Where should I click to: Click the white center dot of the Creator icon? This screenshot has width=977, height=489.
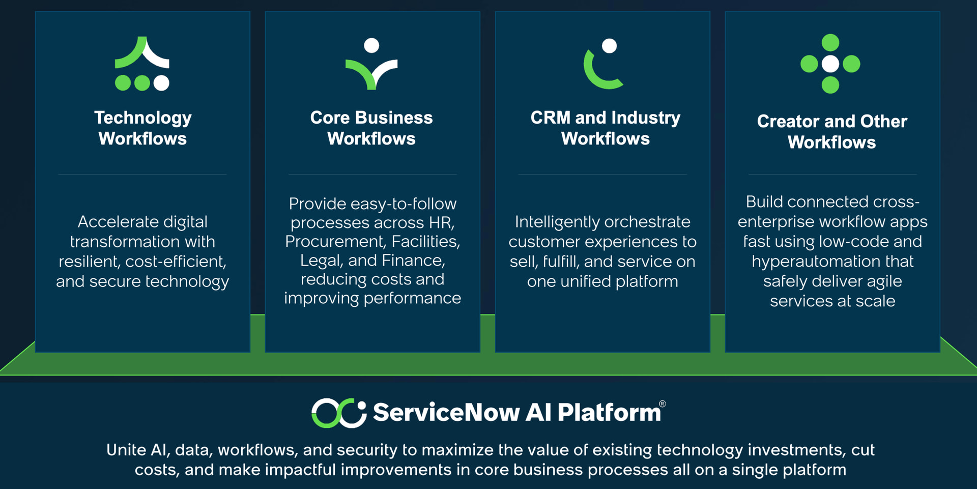point(830,64)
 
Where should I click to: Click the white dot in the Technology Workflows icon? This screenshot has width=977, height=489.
point(161,82)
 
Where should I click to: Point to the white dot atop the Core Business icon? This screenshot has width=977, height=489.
point(372,45)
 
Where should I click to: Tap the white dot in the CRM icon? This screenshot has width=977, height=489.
point(610,46)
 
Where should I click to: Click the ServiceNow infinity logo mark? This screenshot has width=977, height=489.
point(339,413)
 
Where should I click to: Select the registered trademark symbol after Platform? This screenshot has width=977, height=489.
point(663,404)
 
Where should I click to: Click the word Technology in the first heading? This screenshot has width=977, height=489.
point(143,118)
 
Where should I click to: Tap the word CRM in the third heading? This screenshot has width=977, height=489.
point(551,118)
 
